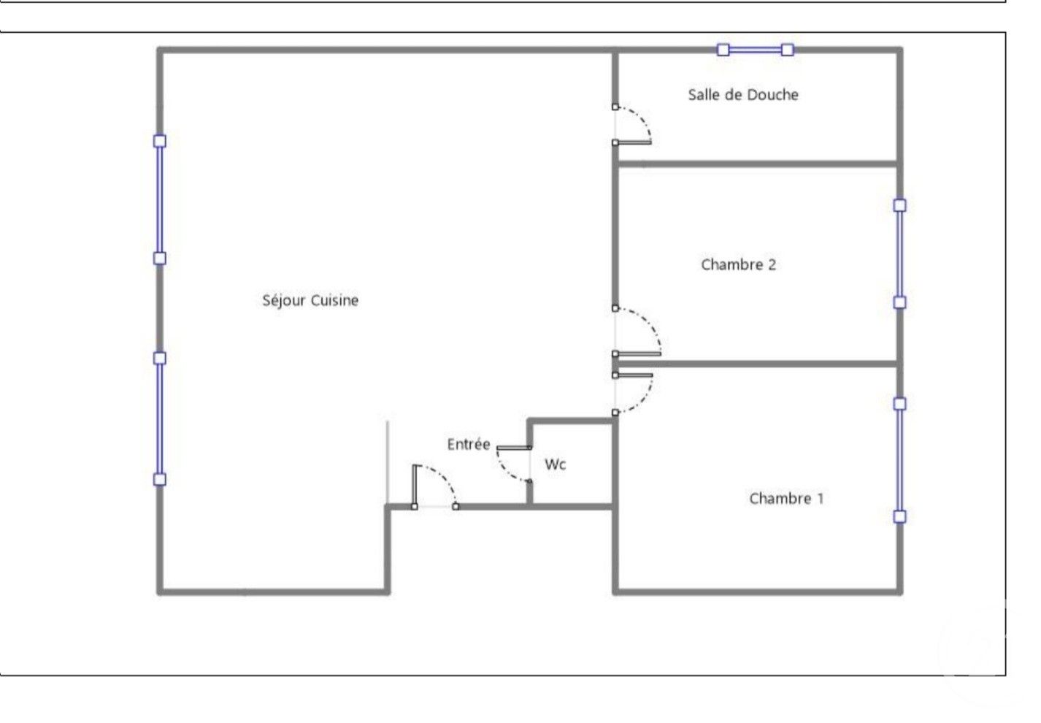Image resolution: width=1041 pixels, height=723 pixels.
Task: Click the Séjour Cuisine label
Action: coord(310,300)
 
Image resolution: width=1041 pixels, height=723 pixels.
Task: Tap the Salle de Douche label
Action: coord(742,94)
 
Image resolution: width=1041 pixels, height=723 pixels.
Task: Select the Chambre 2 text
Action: coord(738,264)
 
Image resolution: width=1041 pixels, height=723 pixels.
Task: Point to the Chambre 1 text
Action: coord(786,498)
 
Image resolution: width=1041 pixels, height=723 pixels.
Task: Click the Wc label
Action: coord(555,464)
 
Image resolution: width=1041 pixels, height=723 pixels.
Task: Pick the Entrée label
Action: coord(468,444)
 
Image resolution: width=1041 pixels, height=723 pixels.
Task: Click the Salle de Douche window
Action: coord(755,50)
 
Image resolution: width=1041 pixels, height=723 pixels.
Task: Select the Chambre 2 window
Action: coord(899,253)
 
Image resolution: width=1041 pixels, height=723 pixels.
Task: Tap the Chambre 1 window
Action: coord(899,460)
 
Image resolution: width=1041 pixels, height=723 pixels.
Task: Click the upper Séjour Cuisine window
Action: coord(159,199)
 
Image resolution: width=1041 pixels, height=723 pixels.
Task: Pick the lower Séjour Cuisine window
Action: coord(159,418)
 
